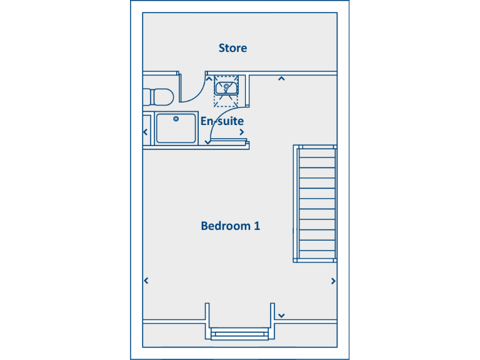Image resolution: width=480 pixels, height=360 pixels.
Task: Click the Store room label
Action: click(232, 48)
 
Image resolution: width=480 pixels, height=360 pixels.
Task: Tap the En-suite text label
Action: click(222, 121)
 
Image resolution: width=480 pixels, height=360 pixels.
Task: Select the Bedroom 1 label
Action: click(230, 226)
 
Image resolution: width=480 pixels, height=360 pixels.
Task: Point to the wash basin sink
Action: click(226, 86)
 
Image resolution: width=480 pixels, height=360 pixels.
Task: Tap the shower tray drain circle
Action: click(176, 118)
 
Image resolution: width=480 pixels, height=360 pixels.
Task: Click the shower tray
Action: click(176, 128)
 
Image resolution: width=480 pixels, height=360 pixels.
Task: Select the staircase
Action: click(316, 203)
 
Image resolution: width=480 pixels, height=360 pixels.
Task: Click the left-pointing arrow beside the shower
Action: click(146, 132)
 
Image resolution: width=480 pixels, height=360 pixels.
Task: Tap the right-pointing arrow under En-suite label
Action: click(241, 132)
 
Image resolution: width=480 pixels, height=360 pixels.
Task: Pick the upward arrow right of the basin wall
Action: click(281, 79)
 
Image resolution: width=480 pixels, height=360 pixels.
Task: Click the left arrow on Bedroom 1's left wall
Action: click(146, 281)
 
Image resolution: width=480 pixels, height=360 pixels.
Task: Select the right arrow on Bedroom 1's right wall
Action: click(333, 281)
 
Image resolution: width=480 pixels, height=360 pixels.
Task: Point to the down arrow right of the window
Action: click(282, 316)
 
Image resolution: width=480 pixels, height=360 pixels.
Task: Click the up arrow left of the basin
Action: click(209, 79)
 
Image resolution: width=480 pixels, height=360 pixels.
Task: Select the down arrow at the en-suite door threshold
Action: click(207, 142)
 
